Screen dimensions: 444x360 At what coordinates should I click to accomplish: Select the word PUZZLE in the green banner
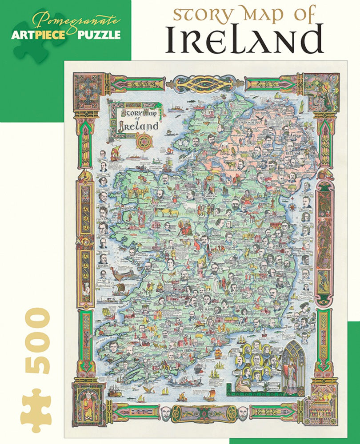(x=100, y=35)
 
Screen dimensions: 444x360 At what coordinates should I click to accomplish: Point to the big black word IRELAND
(x=244, y=40)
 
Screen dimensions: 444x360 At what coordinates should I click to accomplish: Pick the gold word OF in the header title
(x=302, y=15)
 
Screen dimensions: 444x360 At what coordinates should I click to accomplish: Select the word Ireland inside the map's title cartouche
(x=138, y=125)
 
